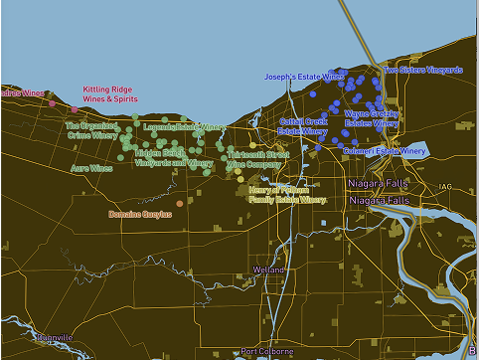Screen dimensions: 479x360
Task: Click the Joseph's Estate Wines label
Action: (304, 77)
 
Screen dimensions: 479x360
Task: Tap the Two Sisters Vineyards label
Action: (422, 71)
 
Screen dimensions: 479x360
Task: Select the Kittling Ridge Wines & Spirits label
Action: (110, 93)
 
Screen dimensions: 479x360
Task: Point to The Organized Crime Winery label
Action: (91, 130)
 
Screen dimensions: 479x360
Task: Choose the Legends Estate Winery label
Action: (185, 127)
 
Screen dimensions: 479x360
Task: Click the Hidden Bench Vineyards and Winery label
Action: (173, 157)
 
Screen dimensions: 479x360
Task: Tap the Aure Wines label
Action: (91, 169)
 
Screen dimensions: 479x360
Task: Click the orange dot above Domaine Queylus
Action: (180, 204)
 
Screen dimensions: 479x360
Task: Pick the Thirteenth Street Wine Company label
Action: (257, 159)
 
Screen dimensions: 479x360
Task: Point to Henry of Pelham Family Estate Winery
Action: (286, 194)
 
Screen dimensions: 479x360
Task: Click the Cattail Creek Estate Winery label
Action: (303, 125)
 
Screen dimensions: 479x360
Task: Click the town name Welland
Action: (269, 270)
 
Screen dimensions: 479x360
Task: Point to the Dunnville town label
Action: (54, 338)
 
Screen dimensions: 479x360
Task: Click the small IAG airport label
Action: (444, 186)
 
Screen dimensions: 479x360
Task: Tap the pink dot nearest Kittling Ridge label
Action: (75, 109)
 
